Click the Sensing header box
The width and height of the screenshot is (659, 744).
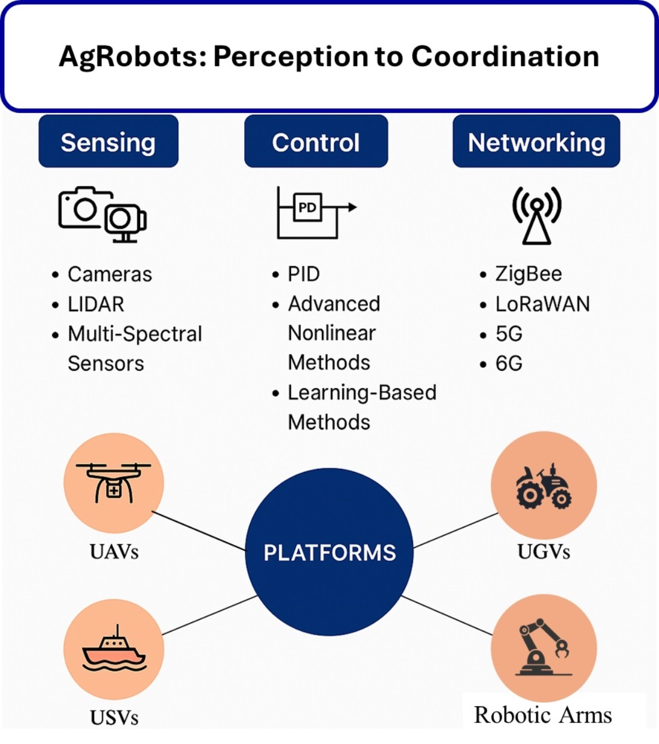(108, 142)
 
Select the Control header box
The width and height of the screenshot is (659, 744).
(316, 142)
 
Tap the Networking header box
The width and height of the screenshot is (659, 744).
(536, 142)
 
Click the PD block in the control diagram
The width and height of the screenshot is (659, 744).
(307, 208)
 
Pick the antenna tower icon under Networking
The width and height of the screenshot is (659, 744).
(536, 215)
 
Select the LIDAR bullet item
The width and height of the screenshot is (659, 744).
(96, 304)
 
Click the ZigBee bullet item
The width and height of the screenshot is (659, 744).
(529, 274)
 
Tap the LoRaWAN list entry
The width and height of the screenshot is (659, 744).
(542, 304)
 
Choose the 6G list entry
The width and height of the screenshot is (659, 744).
(509, 363)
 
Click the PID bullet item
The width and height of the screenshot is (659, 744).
(303, 274)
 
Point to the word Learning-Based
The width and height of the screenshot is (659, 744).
(362, 392)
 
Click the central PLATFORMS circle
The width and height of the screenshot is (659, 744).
(329, 552)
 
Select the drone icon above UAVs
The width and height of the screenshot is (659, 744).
(114, 481)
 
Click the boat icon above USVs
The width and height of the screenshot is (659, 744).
(114, 650)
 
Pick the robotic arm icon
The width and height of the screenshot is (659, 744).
(543, 647)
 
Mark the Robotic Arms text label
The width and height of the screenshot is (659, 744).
(542, 715)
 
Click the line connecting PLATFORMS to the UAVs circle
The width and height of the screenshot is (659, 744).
(199, 530)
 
